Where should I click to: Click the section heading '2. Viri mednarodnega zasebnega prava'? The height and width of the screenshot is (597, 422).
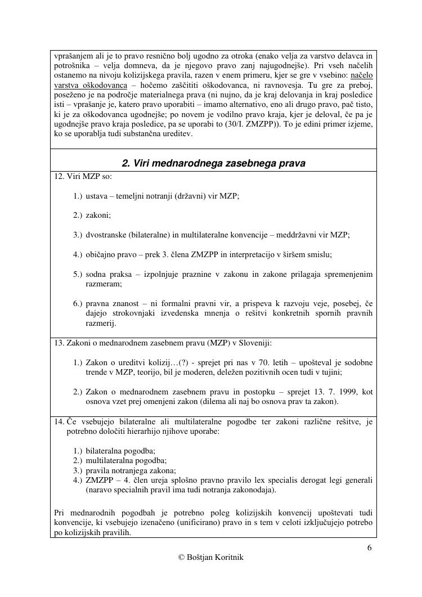[213, 164]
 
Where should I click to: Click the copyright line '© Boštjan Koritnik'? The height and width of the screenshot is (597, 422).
[211, 557]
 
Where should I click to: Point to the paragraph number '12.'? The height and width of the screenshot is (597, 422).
[59, 176]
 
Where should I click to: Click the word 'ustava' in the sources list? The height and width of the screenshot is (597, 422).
[98, 196]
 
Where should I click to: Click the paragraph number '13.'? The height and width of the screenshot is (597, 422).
[59, 343]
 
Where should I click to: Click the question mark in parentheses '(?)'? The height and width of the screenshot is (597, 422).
[184, 362]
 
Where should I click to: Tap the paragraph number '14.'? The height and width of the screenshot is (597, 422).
[59, 421]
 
